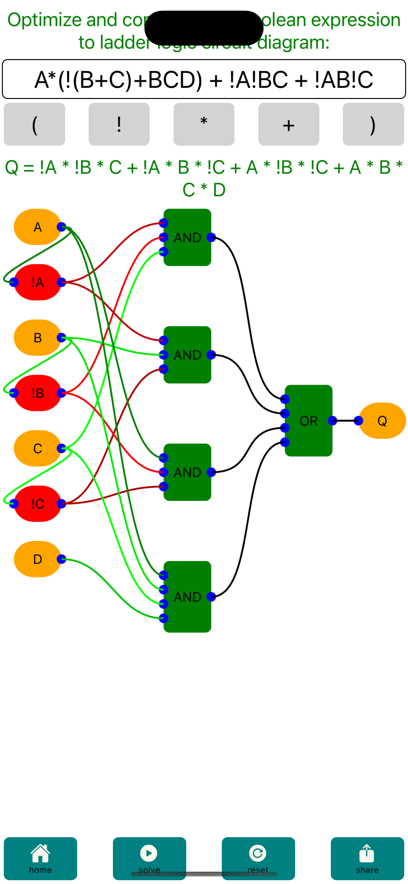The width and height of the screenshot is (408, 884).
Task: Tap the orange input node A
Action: point(37,227)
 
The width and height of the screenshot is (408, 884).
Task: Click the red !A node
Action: point(37,282)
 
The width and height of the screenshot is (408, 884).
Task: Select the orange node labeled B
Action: point(37,338)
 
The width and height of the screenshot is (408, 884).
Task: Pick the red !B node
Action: point(37,393)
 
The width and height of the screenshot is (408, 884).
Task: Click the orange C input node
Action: point(37,448)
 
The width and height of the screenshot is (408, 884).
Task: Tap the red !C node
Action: point(37,503)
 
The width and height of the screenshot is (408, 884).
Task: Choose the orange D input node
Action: point(37,559)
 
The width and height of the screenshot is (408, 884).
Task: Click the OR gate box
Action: point(308,421)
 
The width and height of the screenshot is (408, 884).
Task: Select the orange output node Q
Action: point(382,421)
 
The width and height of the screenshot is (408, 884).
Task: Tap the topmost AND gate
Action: point(187,237)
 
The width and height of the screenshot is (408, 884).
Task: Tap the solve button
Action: point(149,858)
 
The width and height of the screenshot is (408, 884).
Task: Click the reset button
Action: point(258,858)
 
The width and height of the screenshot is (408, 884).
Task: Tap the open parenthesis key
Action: point(34,124)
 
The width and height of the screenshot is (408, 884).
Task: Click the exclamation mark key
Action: point(119,124)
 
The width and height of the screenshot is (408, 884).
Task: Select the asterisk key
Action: point(204,124)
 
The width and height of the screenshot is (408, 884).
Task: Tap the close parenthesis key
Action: point(373,124)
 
